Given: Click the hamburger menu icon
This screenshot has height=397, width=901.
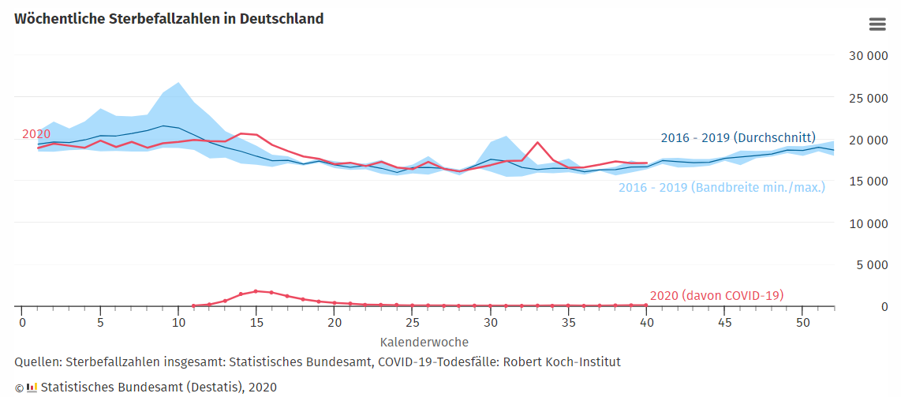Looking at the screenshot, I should tap(877, 24).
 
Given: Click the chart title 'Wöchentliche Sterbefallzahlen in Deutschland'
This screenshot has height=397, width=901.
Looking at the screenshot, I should tap(169, 18).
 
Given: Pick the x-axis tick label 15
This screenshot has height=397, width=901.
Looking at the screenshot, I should tap(256, 323).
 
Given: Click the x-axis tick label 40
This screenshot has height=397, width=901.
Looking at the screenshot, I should tap(646, 323).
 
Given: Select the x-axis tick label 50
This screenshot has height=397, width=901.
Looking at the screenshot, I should tap(802, 323).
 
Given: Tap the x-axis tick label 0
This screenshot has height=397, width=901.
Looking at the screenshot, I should tap(22, 323).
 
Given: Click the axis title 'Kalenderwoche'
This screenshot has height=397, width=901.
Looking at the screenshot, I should tap(424, 343).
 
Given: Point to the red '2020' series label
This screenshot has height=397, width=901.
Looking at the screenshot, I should tap(36, 134).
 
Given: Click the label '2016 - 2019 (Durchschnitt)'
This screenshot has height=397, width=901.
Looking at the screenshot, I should tap(738, 137).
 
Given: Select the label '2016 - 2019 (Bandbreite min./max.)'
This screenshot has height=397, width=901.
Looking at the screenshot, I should tap(721, 188).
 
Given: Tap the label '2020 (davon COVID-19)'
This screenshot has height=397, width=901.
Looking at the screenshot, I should tap(716, 295).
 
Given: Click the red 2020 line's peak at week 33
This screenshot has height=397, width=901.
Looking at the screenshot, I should tap(537, 143).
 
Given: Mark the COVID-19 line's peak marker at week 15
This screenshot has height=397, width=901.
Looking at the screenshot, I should tap(256, 291).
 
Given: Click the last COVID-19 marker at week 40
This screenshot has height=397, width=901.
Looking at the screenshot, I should tap(646, 305).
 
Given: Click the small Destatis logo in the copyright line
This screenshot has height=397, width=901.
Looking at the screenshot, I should tap(32, 387).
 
